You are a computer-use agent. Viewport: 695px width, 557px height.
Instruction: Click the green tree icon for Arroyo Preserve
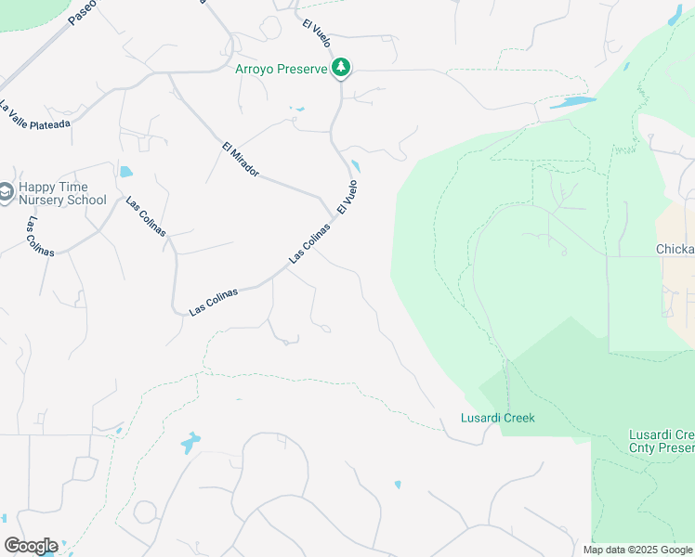click(x=342, y=67)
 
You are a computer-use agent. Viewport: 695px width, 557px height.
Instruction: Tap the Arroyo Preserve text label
click(x=282, y=69)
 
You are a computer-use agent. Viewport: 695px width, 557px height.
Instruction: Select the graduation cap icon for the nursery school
click(x=5, y=192)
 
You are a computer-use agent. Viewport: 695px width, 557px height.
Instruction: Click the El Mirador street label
click(x=240, y=160)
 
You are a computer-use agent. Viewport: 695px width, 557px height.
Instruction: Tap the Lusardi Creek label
click(x=498, y=418)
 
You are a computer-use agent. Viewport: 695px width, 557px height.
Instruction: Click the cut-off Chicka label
click(x=675, y=249)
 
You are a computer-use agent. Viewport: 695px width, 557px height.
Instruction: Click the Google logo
click(x=31, y=546)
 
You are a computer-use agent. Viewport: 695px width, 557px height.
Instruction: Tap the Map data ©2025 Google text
click(x=637, y=550)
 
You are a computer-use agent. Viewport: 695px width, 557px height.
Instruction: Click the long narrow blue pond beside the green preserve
click(x=572, y=102)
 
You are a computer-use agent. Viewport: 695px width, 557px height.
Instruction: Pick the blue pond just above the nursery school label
click(x=125, y=172)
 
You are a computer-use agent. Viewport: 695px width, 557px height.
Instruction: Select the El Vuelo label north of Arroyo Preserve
click(x=317, y=32)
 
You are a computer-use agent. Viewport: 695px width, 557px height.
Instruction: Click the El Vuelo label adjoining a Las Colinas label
click(x=347, y=198)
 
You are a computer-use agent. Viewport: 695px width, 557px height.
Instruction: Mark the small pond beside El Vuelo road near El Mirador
click(x=356, y=168)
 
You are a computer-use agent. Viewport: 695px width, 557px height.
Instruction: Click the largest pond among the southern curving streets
click(x=190, y=442)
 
